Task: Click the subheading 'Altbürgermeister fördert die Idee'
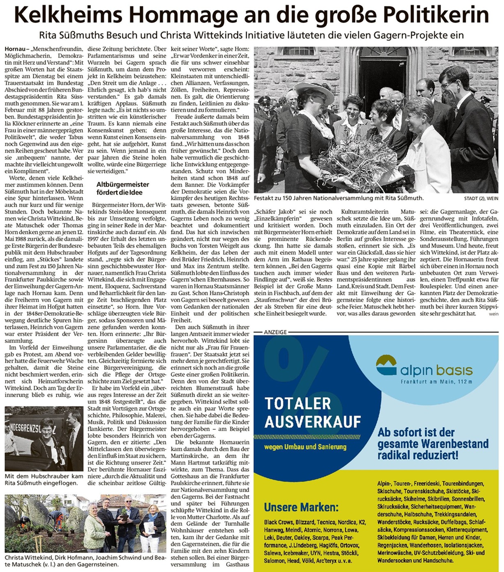pos(123,188)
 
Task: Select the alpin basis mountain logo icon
pos(386,365)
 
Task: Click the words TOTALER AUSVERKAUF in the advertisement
pos(313,412)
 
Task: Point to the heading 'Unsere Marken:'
pos(301,507)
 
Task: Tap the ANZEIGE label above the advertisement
pos(275,332)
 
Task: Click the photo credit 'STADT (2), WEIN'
pos(481,199)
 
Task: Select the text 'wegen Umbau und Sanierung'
pos(305,447)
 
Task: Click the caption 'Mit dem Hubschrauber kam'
pos(44,476)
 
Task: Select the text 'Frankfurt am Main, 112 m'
pos(436,382)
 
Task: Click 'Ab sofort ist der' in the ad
pos(416,432)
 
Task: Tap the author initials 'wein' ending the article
pos(494,314)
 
